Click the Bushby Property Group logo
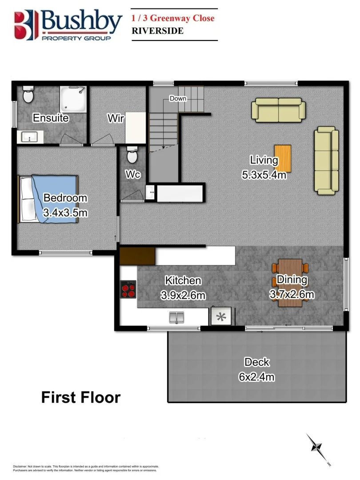pos(68,24)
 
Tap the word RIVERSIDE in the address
pos(157,31)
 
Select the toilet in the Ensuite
pos(28,94)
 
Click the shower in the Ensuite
pos(73,100)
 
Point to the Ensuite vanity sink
pos(30,137)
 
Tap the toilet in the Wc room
pos(132,156)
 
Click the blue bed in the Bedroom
pos(48,198)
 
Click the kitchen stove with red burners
pos(128,289)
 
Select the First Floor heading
pos(80,397)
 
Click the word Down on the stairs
pos(178,98)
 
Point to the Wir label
pos(116,119)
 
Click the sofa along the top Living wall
pos(278,110)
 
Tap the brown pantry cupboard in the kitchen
pos(137,256)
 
